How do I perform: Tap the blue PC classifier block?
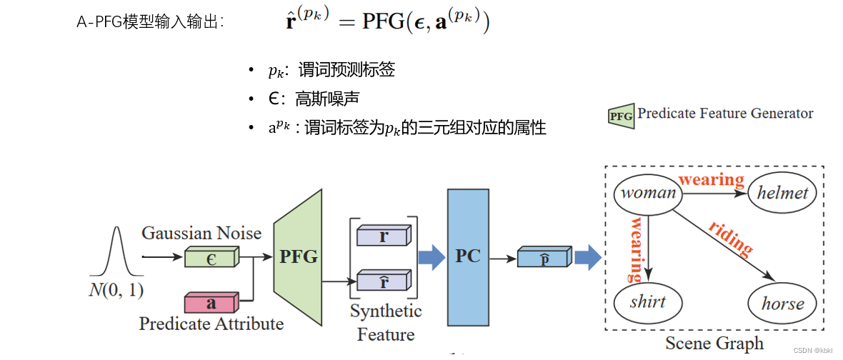[468, 256]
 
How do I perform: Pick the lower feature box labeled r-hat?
[384, 281]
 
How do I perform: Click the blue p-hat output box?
[543, 258]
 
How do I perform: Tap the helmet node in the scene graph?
[783, 193]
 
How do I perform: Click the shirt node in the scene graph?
[648, 302]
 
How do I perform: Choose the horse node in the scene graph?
[782, 303]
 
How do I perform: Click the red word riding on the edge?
[730, 239]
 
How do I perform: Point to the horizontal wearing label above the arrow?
[711, 179]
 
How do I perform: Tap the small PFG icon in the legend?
[620, 115]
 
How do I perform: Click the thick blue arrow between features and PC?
[431, 258]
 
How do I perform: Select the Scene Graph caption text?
[714, 344]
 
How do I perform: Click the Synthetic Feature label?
[386, 323]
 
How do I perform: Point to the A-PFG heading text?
[150, 22]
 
